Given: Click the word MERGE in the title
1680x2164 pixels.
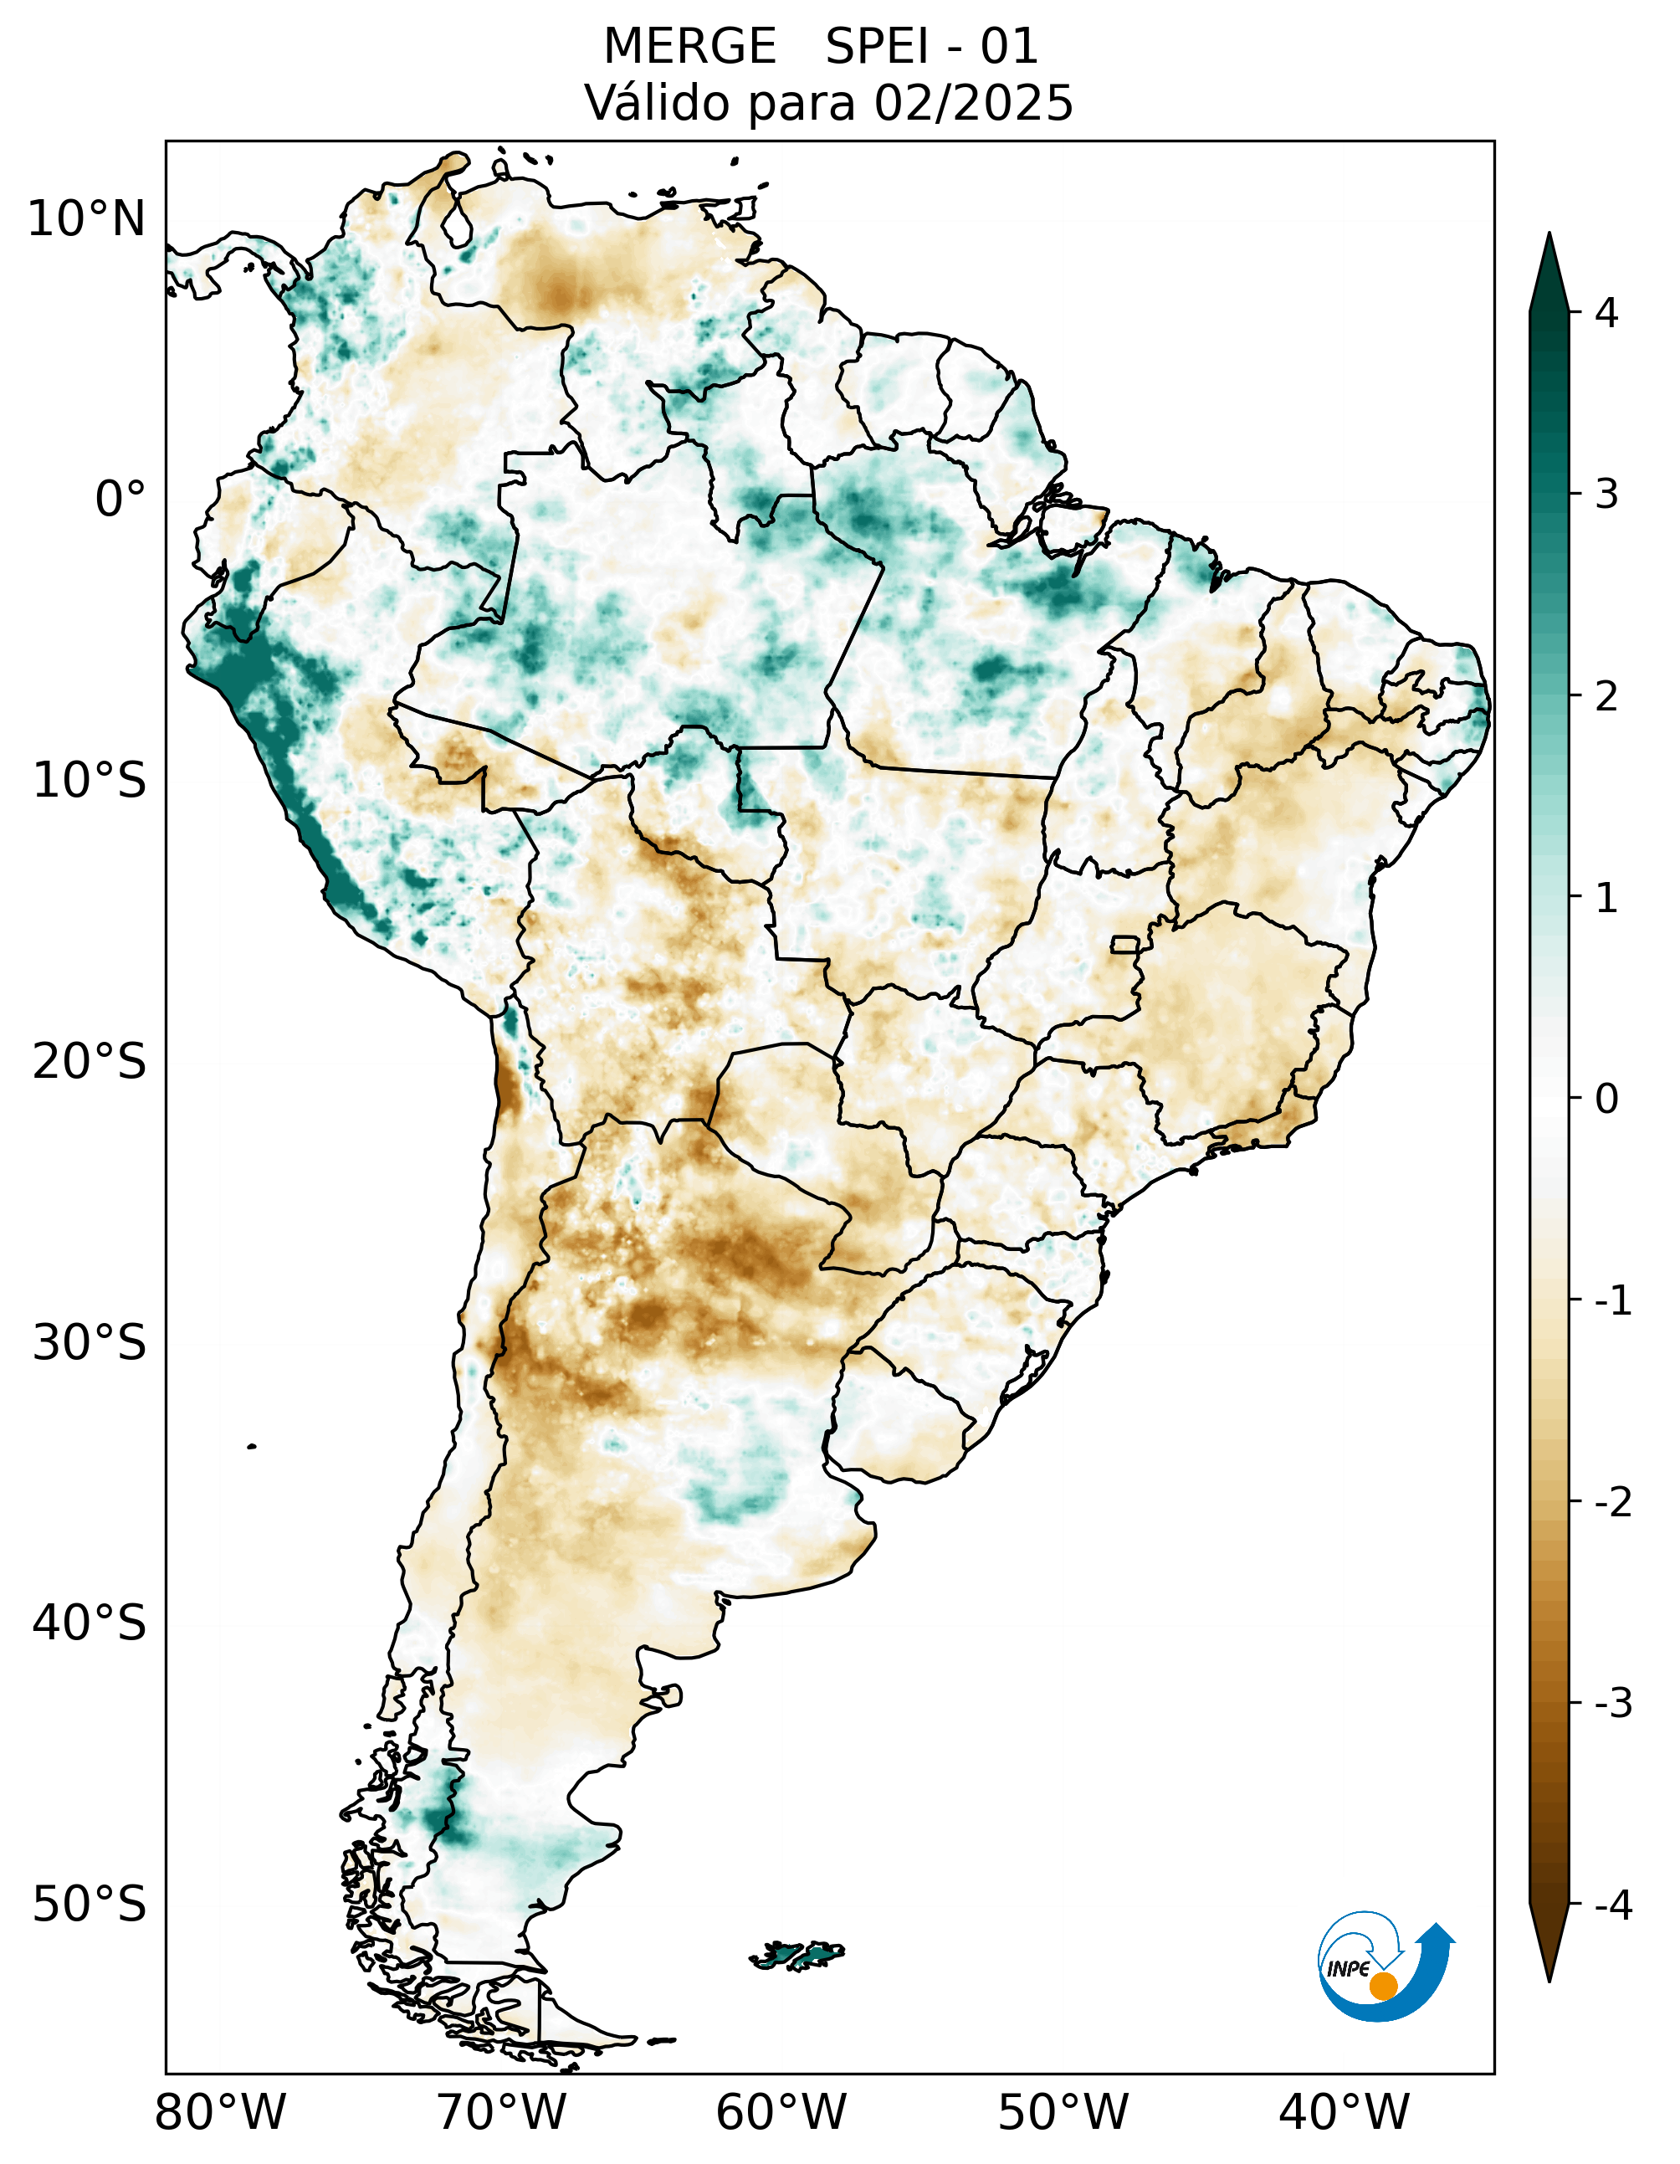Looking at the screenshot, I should click(x=689, y=47).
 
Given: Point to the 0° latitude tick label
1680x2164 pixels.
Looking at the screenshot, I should click(x=120, y=500).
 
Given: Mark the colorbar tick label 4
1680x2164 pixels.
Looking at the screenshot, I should click(x=1606, y=313).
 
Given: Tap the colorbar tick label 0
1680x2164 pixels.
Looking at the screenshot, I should click(x=1606, y=1099).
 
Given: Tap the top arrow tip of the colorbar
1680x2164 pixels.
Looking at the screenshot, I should click(x=1549, y=238).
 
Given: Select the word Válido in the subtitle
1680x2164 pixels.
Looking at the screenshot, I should click(x=658, y=103).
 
